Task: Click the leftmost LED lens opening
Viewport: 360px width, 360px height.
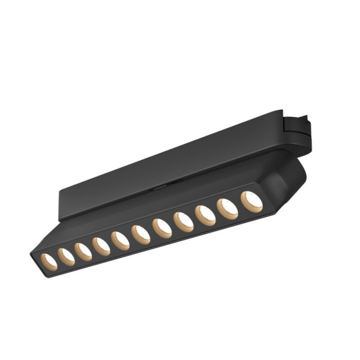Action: [48, 260]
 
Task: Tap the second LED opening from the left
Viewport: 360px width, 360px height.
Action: [66, 256]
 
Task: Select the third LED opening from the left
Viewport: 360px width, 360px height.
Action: [83, 251]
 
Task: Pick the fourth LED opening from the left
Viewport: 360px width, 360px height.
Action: [101, 246]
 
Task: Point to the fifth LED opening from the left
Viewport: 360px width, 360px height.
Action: [121, 240]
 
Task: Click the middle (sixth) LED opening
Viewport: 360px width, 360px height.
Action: [141, 235]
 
